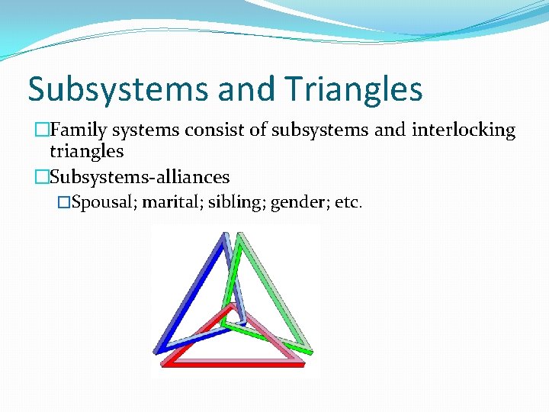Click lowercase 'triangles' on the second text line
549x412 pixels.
coord(86,151)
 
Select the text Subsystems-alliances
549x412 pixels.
coord(139,177)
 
